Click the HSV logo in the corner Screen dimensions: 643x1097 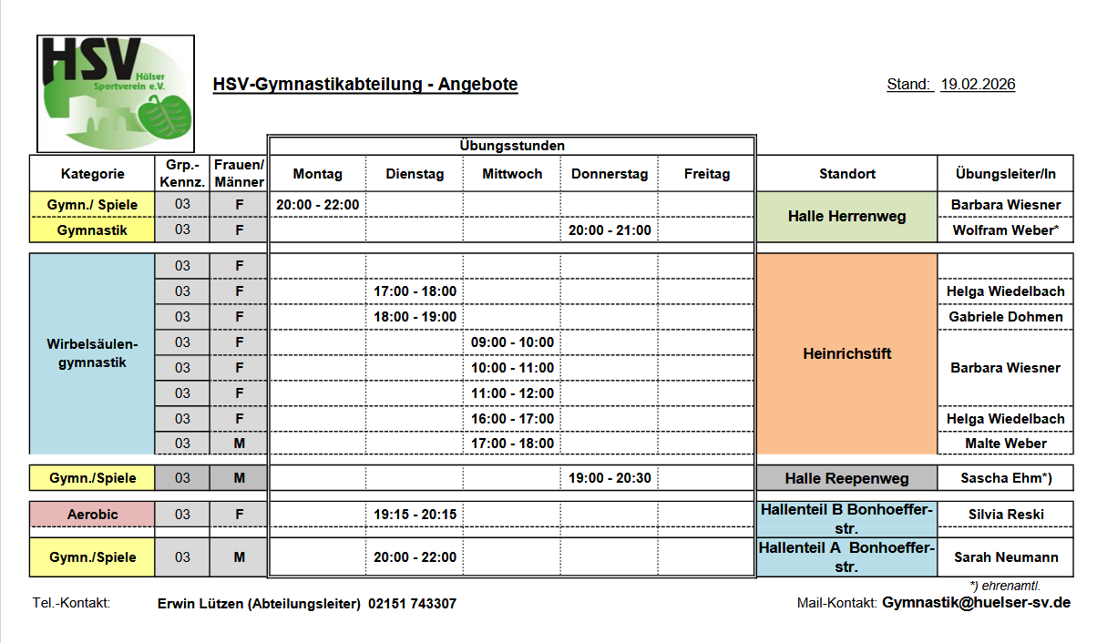tap(115, 93)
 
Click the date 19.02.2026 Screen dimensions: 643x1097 tap(978, 85)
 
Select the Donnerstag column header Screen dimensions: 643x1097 tap(610, 174)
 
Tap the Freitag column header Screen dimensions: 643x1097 tap(707, 174)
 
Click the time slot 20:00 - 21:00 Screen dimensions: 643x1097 tap(610, 230)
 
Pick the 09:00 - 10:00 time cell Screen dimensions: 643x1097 tap(512, 342)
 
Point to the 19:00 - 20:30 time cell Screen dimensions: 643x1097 tap(610, 478)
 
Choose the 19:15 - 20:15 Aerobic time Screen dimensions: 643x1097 tap(415, 515)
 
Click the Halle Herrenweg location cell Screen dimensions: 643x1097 tap(846, 217)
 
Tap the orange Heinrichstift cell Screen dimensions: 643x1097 tap(846, 353)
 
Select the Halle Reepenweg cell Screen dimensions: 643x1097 tap(846, 478)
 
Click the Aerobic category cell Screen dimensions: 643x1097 tap(92, 515)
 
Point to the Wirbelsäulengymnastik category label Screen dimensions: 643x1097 tap(92, 353)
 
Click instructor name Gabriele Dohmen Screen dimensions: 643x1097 tap(1005, 317)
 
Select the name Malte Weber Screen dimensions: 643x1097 tap(1005, 444)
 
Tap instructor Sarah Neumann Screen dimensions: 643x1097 tap(1005, 557)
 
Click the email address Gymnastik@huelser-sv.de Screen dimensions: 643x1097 tap(976, 603)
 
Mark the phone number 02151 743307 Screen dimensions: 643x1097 tap(413, 604)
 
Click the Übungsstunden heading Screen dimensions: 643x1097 tap(512, 146)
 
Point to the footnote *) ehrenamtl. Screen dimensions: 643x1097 tap(1005, 586)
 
